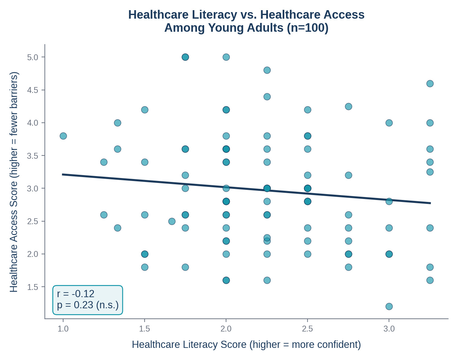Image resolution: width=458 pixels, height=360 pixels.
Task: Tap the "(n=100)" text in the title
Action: pos(308,28)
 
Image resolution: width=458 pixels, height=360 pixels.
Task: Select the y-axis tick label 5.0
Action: pos(33,57)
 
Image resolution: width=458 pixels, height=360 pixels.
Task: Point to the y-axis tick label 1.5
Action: pos(33,287)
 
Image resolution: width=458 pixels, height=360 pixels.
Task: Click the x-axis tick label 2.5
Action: pos(308,329)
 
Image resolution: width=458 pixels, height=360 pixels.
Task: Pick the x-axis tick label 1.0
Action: pos(63,329)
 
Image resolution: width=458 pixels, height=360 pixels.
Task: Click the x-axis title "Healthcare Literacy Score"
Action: pos(189,345)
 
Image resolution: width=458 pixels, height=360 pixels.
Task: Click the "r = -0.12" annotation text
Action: pos(76,294)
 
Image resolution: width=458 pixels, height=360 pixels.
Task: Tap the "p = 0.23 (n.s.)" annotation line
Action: pos(88,305)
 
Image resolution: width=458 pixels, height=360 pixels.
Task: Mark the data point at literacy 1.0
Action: pos(63,136)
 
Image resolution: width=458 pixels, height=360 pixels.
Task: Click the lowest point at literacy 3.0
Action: pos(389,306)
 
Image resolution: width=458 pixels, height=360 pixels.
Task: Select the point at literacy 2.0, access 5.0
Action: pos(226,57)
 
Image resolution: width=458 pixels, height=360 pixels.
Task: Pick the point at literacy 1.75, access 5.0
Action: pos(185,57)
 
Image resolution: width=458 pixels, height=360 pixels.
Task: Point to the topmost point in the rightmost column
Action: pos(430,83)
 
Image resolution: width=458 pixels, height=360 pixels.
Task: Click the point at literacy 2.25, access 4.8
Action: pos(267,70)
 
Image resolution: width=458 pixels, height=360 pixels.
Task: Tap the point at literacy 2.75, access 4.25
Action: pos(348,106)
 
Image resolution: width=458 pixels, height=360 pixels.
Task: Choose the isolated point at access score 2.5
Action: pos(172,221)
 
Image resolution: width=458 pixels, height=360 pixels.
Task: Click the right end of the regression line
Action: pos(431,203)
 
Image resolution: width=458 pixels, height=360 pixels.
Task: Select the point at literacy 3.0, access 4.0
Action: pos(389,123)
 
